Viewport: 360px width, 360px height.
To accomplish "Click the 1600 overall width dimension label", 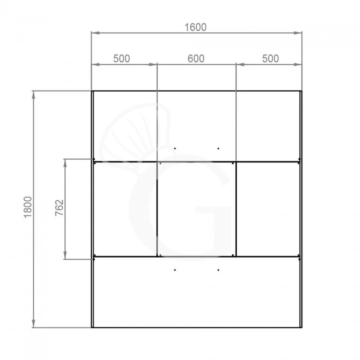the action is coord(195,27).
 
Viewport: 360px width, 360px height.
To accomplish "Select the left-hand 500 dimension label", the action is coord(121,59).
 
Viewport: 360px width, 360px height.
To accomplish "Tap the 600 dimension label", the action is coord(196,59).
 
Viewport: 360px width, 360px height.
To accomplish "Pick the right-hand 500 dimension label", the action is coord(270,59).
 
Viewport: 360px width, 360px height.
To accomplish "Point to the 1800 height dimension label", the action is coord(28,207).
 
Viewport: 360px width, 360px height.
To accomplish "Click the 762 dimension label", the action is coord(59,208).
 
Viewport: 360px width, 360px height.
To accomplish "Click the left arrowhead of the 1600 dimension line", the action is coord(95,33).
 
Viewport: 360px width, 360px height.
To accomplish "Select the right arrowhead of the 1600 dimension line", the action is coord(298,33).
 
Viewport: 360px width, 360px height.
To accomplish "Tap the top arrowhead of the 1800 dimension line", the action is coord(33,95).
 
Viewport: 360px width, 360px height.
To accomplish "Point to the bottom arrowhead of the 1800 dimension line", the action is coord(33,323).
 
